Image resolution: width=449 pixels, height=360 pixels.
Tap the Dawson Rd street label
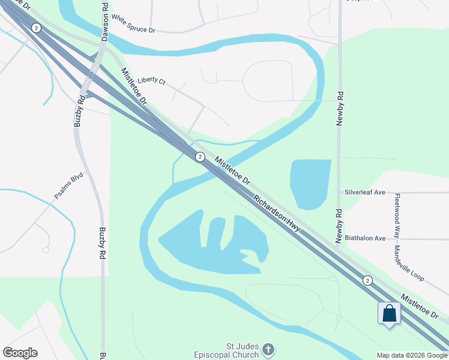tap(105, 22)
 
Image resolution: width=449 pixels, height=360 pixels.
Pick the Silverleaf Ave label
tap(365, 193)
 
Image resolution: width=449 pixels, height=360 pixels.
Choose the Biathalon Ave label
tap(365, 238)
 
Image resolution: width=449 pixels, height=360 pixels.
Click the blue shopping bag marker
tap(389, 313)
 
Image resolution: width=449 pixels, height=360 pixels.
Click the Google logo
tap(20, 353)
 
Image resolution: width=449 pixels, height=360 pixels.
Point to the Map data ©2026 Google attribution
tap(412, 355)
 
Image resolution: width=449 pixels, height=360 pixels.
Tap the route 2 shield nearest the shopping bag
tap(367, 280)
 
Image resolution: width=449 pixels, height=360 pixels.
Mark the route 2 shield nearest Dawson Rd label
tap(37, 28)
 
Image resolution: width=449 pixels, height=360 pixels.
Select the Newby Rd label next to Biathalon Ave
tap(339, 226)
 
